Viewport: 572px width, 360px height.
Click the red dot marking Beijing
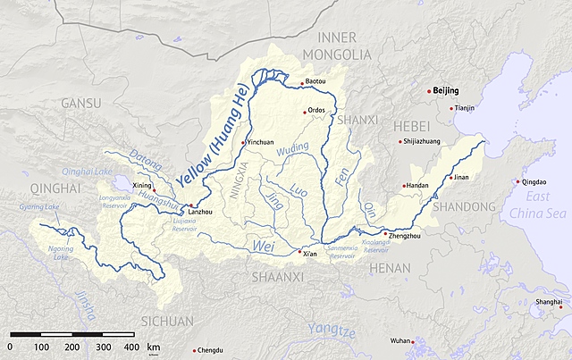click(427, 90)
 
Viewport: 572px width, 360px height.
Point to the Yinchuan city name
click(260, 142)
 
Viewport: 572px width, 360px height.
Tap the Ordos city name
click(316, 111)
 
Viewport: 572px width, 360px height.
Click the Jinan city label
click(460, 178)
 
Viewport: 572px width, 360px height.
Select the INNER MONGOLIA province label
click(336, 46)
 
